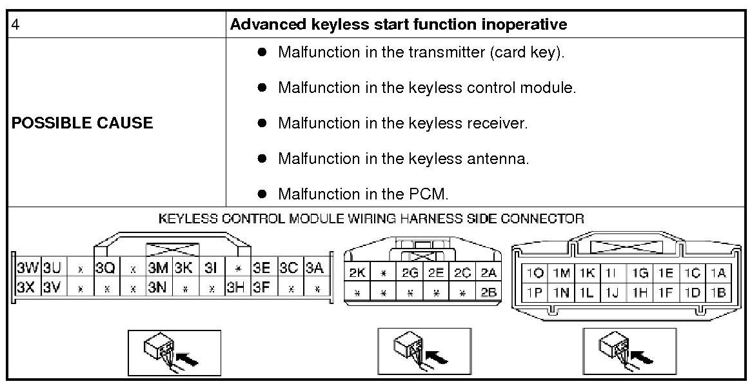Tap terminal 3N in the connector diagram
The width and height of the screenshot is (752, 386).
pos(157,286)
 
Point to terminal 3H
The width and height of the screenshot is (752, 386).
pos(235,286)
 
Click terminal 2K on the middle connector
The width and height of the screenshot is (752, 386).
pos(357,273)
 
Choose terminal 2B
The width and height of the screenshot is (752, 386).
pos(489,292)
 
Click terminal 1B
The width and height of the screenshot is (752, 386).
pos(718,292)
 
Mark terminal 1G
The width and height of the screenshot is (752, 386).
pos(640,274)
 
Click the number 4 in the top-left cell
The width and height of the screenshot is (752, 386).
pos(16,25)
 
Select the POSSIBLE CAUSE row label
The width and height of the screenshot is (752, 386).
pos(82,123)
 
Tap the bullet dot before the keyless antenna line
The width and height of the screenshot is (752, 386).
pos(262,158)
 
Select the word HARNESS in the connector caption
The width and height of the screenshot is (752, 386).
pos(431,219)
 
